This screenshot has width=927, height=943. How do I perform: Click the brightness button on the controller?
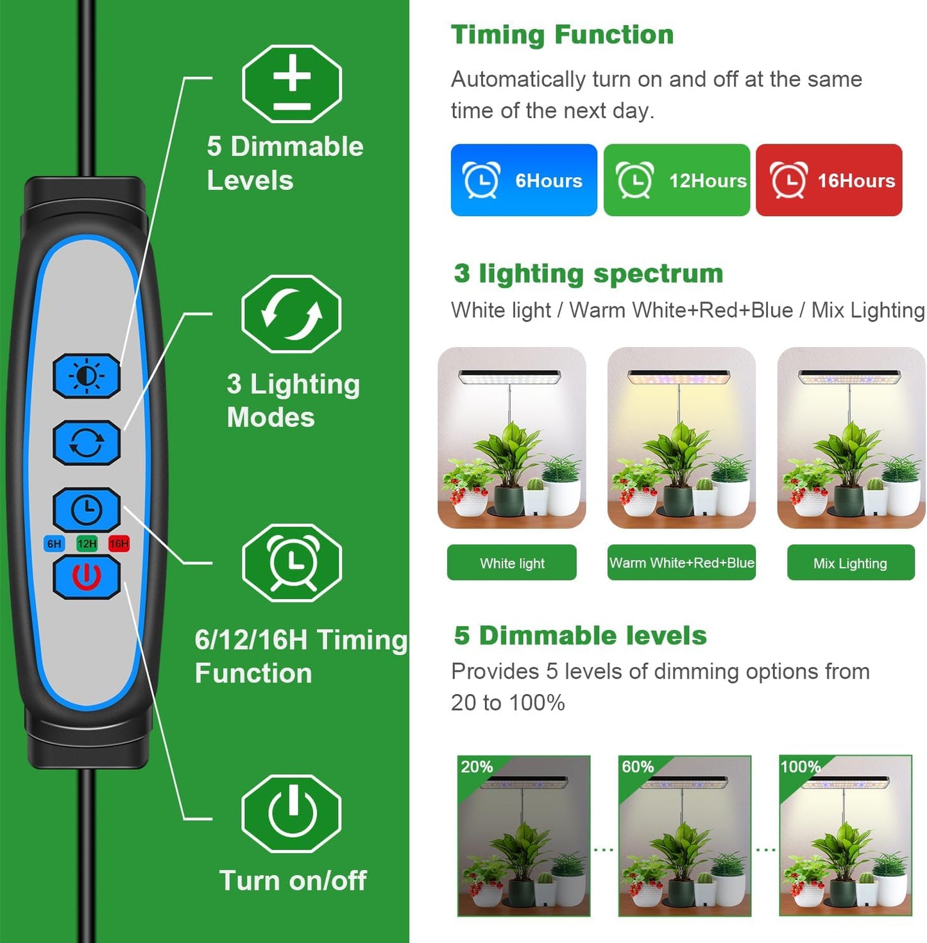(x=87, y=376)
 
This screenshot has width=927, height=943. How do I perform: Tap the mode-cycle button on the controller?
(x=87, y=443)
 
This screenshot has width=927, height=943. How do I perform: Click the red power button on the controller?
(x=87, y=576)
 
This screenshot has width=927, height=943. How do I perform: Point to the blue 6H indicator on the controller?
(x=55, y=544)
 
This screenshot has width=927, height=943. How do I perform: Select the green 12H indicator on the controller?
(x=87, y=544)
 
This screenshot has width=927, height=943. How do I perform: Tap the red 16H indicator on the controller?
(x=119, y=544)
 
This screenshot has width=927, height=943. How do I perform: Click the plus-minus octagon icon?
(x=292, y=84)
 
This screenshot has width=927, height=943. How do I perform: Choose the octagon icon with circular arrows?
(x=291, y=314)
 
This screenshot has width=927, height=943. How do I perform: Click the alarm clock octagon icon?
(x=292, y=563)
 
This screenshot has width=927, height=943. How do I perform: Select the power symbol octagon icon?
(x=292, y=813)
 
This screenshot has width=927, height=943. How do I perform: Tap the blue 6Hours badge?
(x=523, y=180)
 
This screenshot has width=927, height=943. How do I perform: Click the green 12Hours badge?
(x=677, y=180)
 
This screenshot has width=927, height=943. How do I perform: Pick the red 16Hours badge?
(x=829, y=180)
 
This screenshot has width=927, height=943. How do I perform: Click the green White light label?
(x=512, y=563)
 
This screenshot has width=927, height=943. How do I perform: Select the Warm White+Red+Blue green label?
(x=681, y=563)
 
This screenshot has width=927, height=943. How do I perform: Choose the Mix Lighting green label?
(x=851, y=563)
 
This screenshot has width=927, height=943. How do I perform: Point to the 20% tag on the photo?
(x=477, y=767)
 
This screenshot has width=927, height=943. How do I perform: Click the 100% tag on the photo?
(x=800, y=767)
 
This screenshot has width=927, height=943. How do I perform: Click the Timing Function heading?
(x=562, y=35)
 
